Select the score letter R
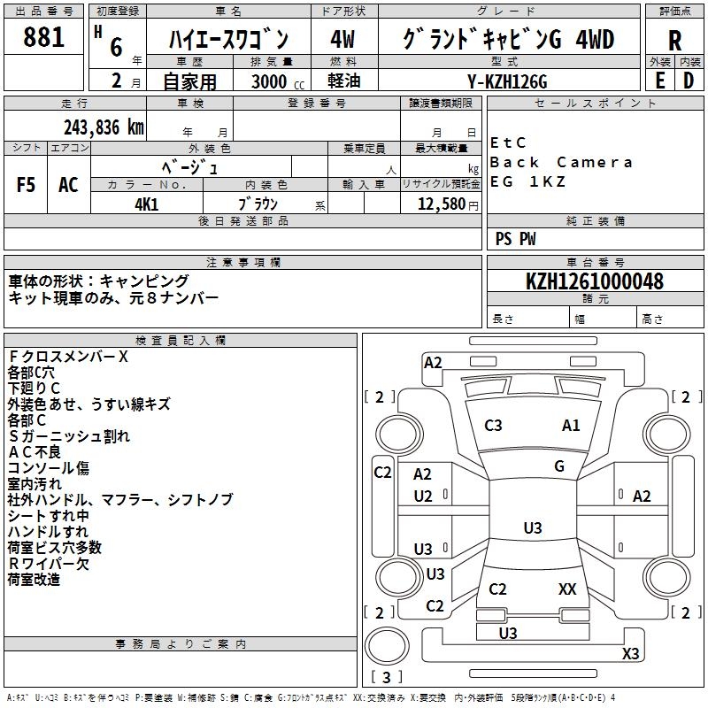click(x=674, y=41)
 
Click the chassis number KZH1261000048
click(x=594, y=281)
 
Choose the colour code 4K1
click(x=146, y=204)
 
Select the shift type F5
click(x=27, y=185)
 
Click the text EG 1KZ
click(x=527, y=182)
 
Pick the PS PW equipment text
click(x=516, y=238)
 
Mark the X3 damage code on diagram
click(x=630, y=654)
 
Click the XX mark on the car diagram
click(x=567, y=589)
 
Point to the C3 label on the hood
click(x=493, y=426)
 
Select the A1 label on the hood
click(x=571, y=426)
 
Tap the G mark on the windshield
click(x=559, y=466)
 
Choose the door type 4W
click(x=342, y=40)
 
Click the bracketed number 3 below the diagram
click(x=387, y=678)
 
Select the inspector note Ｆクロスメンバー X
click(x=68, y=357)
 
